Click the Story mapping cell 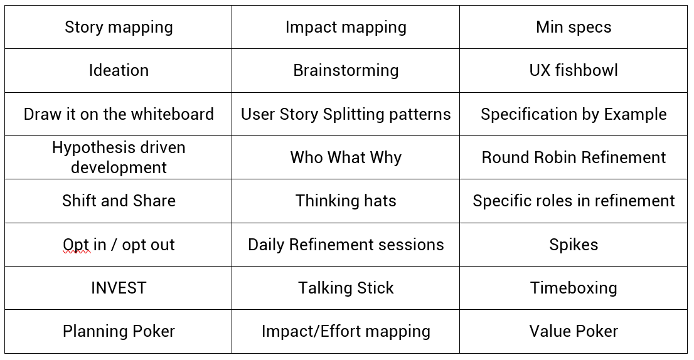click(x=118, y=27)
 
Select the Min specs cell click(x=574, y=27)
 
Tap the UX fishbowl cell click(x=574, y=70)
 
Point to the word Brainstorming click(x=346, y=71)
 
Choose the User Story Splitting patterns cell click(x=346, y=114)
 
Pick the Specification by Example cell click(x=574, y=114)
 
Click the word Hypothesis click(x=92, y=148)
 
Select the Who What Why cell click(x=346, y=157)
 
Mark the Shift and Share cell click(x=118, y=201)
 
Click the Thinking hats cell click(x=346, y=201)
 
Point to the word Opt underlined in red click(x=77, y=245)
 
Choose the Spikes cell click(x=574, y=245)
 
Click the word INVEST click(x=119, y=288)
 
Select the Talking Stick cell click(x=346, y=288)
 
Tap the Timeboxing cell click(x=574, y=288)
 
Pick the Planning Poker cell click(x=118, y=331)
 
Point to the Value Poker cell click(x=574, y=331)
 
